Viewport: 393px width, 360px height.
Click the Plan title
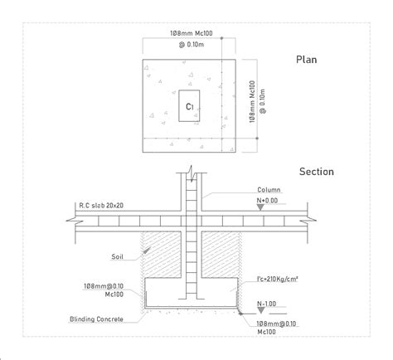[x=306, y=60]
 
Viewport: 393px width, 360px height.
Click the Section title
[x=317, y=172]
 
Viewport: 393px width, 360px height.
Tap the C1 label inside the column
[x=190, y=106]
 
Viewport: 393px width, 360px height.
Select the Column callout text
[x=269, y=190]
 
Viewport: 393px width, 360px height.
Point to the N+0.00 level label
[x=267, y=201]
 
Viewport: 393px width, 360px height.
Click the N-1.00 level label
[x=266, y=304]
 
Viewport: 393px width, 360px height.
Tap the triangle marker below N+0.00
[x=260, y=207]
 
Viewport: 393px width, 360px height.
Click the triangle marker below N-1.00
[x=261, y=310]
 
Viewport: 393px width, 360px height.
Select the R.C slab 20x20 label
[x=101, y=206]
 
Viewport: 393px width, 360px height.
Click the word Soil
[x=117, y=256]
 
